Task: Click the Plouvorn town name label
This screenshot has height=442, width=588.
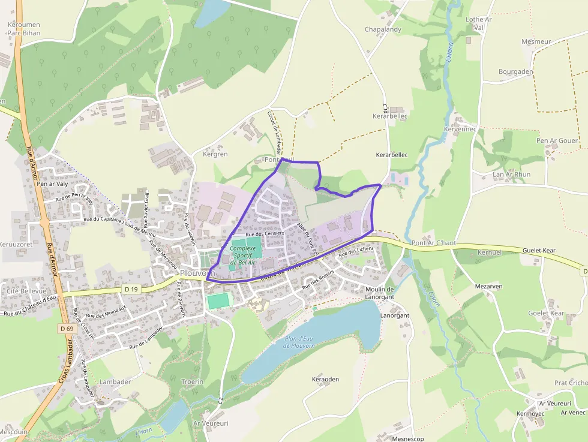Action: (x=197, y=273)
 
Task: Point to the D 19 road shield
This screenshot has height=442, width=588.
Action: (x=131, y=289)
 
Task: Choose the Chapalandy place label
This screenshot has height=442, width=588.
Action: (x=383, y=29)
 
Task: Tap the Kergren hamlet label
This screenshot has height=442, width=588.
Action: (x=215, y=154)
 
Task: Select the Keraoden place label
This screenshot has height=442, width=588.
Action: (x=326, y=380)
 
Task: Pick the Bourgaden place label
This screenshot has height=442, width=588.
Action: (x=515, y=71)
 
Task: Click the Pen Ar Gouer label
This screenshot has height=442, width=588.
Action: (x=557, y=141)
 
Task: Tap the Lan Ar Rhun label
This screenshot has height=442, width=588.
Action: (x=511, y=175)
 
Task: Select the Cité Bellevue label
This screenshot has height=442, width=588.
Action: (x=26, y=291)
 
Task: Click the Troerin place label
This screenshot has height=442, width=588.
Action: (x=193, y=381)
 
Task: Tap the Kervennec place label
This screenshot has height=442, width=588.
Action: (x=460, y=129)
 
